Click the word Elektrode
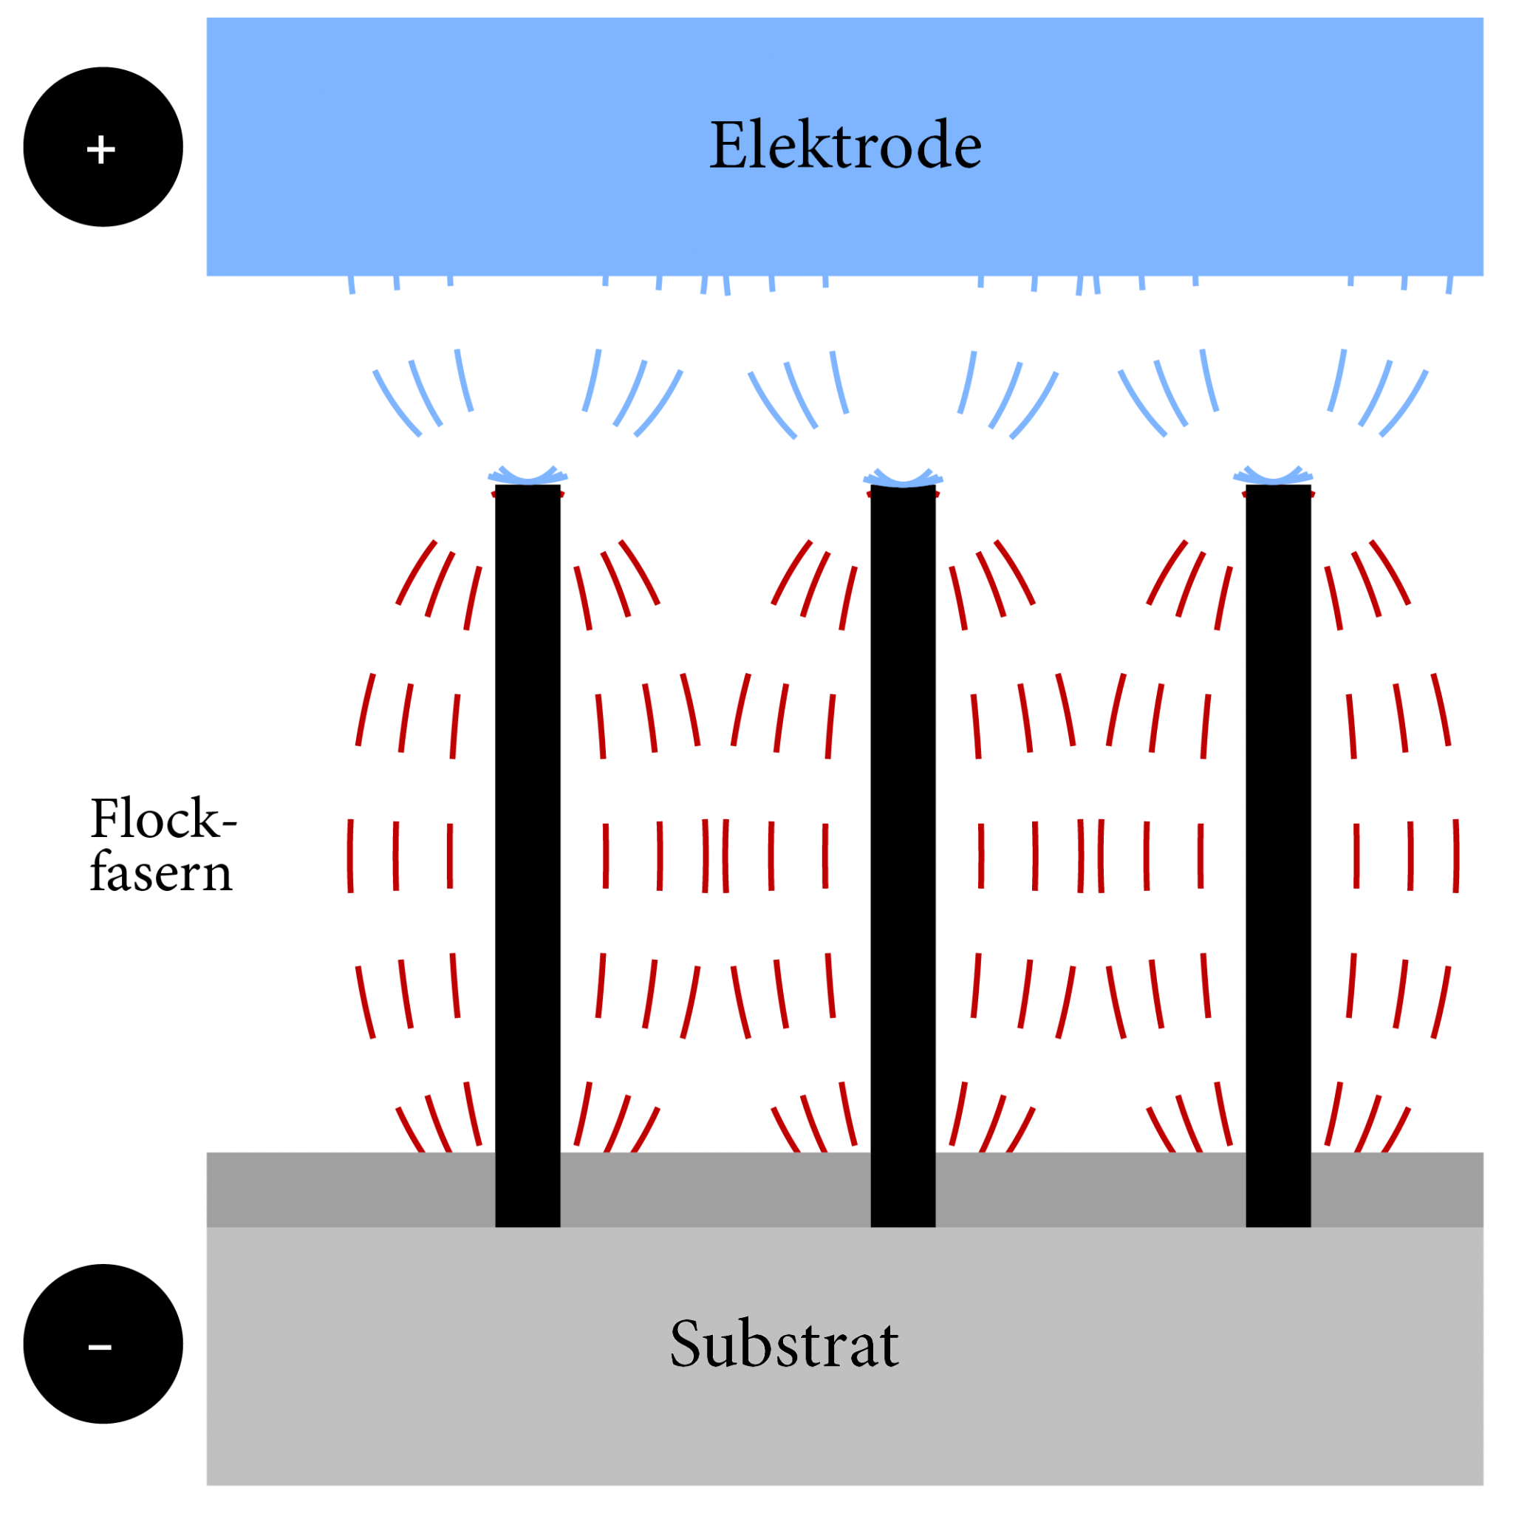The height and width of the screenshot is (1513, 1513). [845, 146]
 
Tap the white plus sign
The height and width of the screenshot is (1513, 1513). [101, 149]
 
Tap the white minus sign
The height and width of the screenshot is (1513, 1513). [100, 1348]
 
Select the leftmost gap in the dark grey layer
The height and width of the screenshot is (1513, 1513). [527, 1189]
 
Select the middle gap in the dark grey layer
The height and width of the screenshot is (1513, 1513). [903, 1189]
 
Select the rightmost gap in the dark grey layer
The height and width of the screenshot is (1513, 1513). [1278, 1189]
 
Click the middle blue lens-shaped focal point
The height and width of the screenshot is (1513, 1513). [903, 477]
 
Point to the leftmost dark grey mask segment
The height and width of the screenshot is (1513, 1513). [350, 1189]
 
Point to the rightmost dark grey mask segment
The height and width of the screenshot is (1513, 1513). [1397, 1189]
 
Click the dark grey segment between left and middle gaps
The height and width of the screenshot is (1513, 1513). [715, 1189]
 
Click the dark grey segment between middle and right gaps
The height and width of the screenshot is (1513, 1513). [1090, 1189]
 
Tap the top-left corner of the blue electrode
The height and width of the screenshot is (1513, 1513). [208, 18]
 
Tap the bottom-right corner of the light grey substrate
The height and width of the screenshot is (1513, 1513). [1483, 1484]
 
